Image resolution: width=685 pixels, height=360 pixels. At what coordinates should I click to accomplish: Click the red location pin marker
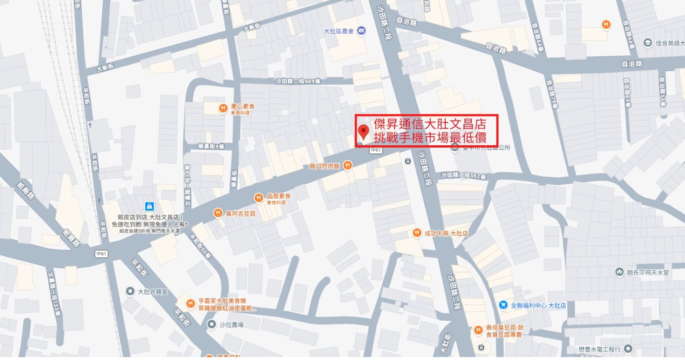coord(364,132)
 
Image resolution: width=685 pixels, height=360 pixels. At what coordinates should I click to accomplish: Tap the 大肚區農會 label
coord(339,31)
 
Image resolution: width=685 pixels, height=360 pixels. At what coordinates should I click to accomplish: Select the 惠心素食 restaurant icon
coord(223,108)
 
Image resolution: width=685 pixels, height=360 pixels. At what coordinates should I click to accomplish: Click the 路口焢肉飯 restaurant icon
coord(348,165)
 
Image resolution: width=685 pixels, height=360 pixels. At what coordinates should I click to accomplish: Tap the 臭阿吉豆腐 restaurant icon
coord(218,213)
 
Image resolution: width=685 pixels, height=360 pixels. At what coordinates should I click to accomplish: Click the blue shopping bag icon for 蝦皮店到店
coord(149,206)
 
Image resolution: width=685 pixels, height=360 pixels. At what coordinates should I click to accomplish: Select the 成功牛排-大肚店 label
coord(446,233)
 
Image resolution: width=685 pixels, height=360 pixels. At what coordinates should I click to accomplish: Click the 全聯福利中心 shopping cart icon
coord(503,305)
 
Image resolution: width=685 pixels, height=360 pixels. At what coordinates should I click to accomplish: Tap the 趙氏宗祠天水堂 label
coord(648,272)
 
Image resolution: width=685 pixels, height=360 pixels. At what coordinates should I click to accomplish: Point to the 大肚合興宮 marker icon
coord(130,291)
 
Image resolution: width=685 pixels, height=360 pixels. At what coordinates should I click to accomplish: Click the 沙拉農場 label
coord(232,325)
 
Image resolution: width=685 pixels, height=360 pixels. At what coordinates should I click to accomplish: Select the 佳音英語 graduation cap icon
coord(647,43)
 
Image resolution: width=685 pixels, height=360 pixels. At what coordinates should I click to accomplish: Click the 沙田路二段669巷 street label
coord(297,80)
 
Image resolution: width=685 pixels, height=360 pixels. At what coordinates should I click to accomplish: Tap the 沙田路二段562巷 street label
coord(464,175)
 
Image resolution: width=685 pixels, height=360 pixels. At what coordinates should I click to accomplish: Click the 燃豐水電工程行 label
coord(599,349)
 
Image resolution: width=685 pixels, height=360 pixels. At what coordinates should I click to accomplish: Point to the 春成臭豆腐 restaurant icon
coord(478,329)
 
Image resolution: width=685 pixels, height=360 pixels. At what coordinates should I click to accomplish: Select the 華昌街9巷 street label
coord(211,147)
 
